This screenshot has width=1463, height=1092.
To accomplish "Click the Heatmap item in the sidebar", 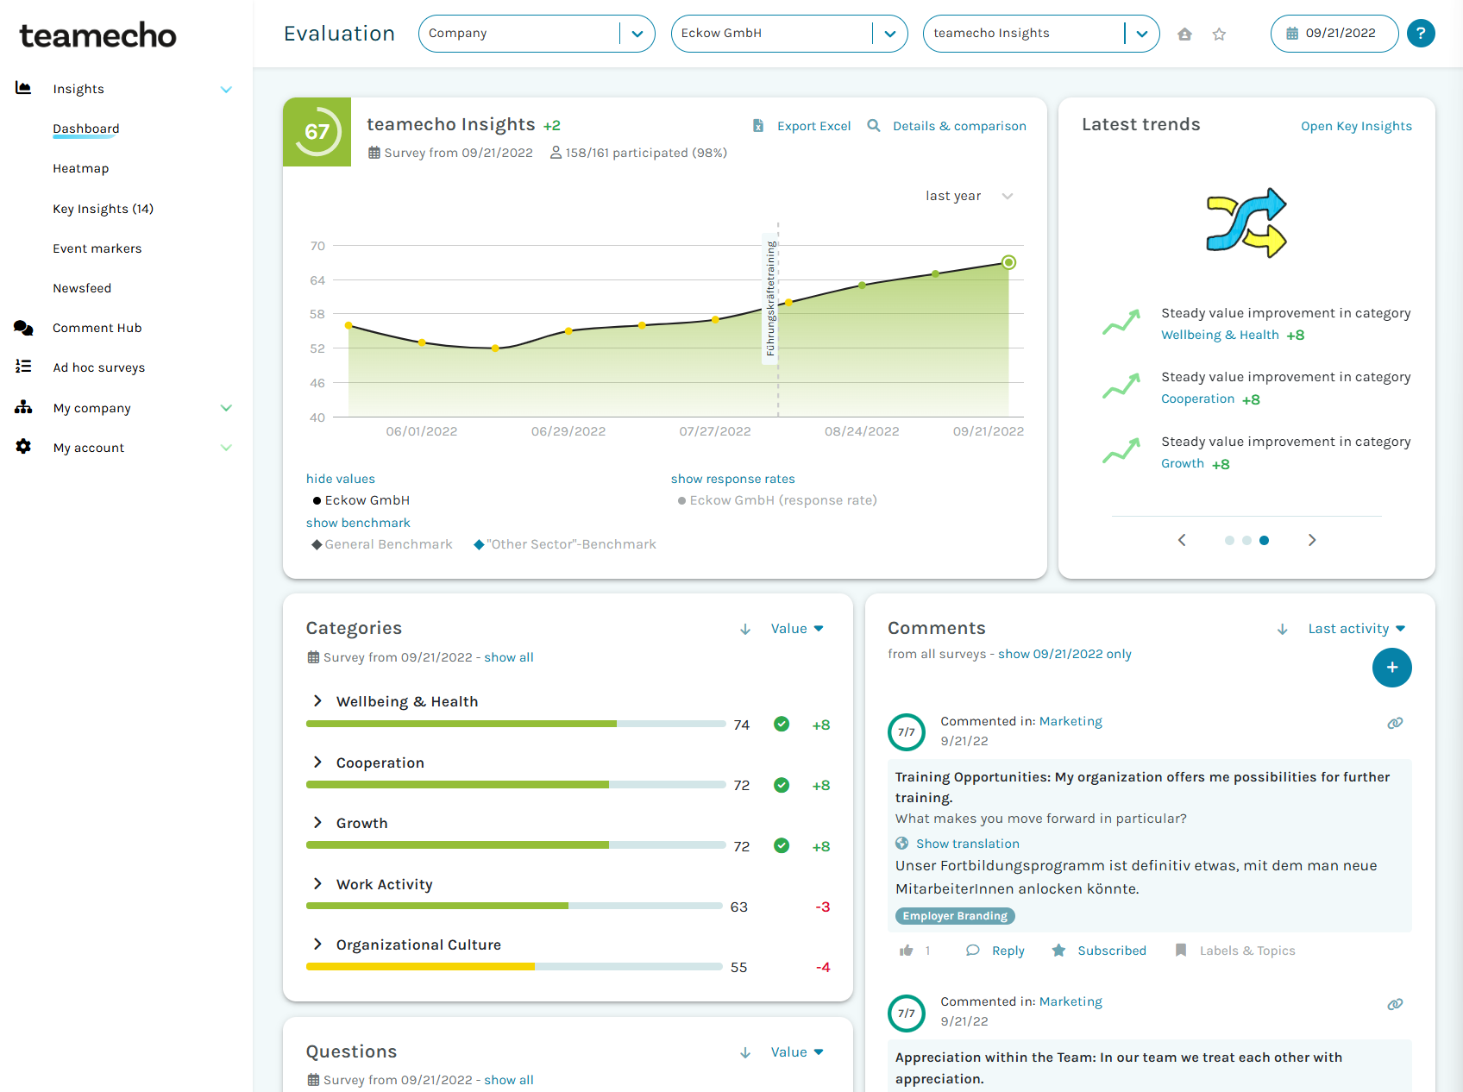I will click(80, 168).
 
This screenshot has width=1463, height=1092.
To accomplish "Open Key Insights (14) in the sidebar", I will click(103, 209).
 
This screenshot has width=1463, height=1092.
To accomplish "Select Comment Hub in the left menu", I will click(97, 328).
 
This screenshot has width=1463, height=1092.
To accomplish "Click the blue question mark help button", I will click(1420, 34).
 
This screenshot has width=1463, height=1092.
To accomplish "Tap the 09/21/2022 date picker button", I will click(1333, 34).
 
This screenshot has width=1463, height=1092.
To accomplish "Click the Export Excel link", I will click(813, 126).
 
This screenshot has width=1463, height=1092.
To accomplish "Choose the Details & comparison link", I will click(958, 126).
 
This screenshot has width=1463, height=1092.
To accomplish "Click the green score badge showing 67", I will click(317, 131).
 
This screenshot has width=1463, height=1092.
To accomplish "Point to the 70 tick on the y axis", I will click(317, 246).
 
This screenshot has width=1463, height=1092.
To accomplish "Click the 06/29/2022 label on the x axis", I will click(568, 431).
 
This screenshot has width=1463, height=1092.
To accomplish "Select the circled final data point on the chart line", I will click(1008, 262).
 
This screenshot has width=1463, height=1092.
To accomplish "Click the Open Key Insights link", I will click(1356, 126).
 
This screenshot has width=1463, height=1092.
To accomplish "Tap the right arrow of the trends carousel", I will click(1311, 540).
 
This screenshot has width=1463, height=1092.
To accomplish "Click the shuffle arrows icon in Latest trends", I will click(1246, 223).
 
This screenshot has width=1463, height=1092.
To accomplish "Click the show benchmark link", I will click(358, 523).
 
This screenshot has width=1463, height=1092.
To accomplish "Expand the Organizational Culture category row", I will click(317, 945).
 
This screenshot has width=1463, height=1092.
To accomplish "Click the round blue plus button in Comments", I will click(1391, 668).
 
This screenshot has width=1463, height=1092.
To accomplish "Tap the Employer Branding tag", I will click(955, 916).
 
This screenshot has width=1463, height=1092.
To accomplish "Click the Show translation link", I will click(967, 844).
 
